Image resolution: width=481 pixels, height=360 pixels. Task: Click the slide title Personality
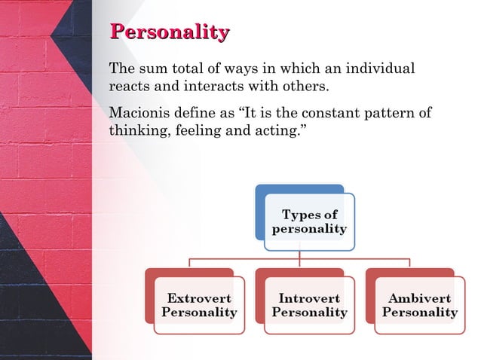click(170, 32)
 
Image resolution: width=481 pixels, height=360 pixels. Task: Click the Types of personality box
click(309, 222)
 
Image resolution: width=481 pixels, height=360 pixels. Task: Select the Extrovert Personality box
click(199, 305)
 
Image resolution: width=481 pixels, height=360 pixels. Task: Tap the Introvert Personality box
click(309, 305)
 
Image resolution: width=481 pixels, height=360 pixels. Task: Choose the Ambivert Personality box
click(419, 305)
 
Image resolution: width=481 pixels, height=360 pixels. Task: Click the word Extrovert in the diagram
click(199, 298)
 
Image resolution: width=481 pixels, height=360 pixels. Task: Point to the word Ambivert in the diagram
click(419, 298)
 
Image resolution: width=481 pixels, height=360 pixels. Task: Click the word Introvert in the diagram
click(309, 298)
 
